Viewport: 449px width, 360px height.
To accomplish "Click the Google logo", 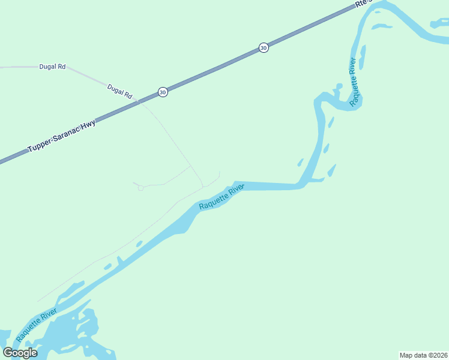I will [20, 352].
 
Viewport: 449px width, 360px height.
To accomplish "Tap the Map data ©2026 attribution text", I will [424, 355].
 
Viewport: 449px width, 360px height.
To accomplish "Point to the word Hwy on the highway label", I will [89, 125].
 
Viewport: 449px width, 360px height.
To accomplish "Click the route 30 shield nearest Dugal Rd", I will [163, 92].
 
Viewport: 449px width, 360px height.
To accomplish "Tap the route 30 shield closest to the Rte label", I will [264, 47].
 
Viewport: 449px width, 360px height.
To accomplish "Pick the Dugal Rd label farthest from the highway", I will [52, 67].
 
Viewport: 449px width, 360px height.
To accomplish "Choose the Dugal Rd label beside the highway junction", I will [119, 91].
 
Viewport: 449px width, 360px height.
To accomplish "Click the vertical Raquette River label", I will [355, 82].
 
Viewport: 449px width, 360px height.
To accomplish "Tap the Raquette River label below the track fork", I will [221, 197].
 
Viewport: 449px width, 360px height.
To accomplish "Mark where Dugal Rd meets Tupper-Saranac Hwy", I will [139, 102].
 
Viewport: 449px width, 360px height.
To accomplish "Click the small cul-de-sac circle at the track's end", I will [140, 188].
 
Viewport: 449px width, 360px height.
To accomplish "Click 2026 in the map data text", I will [438, 355].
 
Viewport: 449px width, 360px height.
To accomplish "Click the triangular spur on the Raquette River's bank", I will [120, 260].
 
